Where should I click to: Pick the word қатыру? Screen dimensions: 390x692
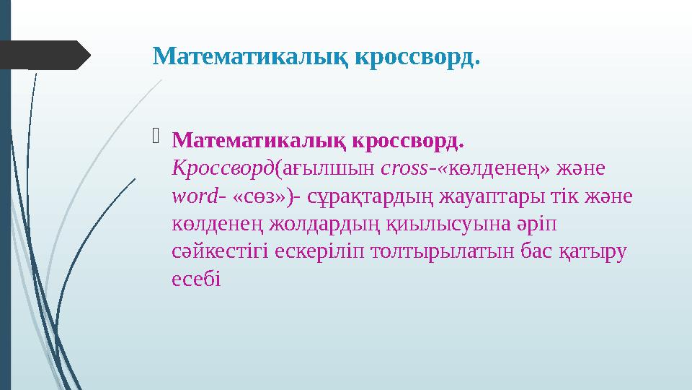[594, 251]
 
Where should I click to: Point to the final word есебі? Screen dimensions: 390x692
[193, 278]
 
